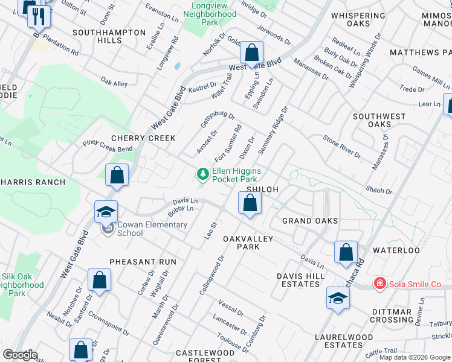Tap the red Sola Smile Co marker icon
[379, 284]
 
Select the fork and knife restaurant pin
[39, 17]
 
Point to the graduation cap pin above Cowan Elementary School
[106, 212]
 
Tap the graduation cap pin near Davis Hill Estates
[338, 298]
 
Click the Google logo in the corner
[20, 354]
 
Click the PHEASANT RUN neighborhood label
[143, 262]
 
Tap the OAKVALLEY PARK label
[249, 243]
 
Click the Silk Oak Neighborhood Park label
[22, 284]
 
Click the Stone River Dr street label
[341, 147]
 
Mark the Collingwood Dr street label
[212, 275]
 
